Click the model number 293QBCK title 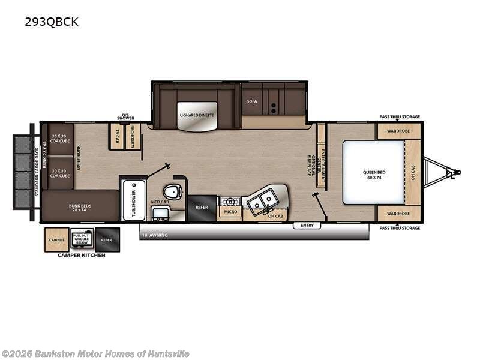[x=51, y=23]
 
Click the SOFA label [x=252, y=101]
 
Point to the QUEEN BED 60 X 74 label [x=374, y=175]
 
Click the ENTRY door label [x=307, y=226]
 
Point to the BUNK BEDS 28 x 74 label [x=79, y=208]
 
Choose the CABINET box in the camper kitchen [x=56, y=240]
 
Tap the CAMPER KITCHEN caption [x=81, y=255]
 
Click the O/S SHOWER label [x=126, y=117]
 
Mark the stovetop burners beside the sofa [x=274, y=106]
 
